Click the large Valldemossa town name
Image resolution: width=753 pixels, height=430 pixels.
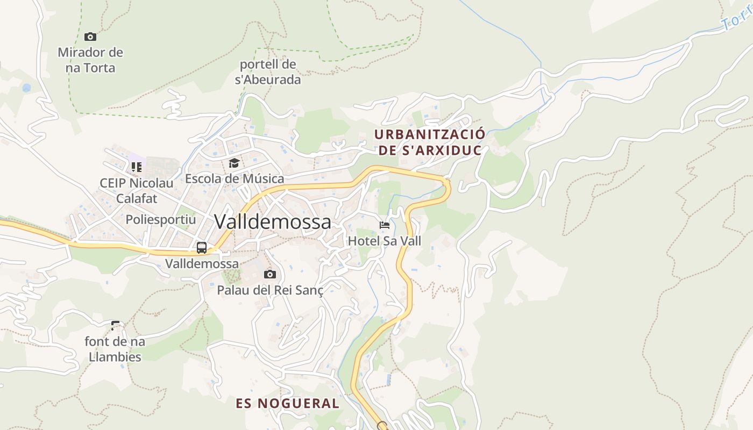[x=273, y=221]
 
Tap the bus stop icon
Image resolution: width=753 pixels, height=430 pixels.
[x=202, y=248]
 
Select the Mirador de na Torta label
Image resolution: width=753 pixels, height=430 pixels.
[x=90, y=60]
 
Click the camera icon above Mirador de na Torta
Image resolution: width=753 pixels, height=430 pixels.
[x=90, y=37]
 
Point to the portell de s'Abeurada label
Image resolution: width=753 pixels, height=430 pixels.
[x=268, y=72]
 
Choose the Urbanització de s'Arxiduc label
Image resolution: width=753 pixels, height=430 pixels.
[x=430, y=142]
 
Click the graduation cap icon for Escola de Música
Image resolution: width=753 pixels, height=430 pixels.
[x=234, y=163]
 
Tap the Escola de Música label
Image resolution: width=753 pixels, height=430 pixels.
[x=235, y=178]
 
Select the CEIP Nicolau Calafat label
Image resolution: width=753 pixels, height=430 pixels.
[x=137, y=191]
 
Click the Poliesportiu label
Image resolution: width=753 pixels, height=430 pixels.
[x=161, y=219]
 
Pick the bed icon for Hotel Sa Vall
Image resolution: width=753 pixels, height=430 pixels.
[x=385, y=225]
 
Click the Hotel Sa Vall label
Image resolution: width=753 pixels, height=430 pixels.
[x=385, y=241]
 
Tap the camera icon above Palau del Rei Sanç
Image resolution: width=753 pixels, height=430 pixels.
[x=270, y=275]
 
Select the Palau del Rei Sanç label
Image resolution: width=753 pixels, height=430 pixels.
[x=270, y=290]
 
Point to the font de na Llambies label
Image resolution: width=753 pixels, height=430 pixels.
[x=115, y=349]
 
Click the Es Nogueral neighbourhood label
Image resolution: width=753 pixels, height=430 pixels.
[x=288, y=403]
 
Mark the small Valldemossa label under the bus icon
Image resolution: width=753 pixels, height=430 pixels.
[x=202, y=263]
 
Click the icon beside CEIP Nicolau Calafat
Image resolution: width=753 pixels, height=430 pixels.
[x=137, y=167]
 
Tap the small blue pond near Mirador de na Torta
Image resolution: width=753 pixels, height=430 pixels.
[x=26, y=88]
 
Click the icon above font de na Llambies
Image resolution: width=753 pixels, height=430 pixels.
[x=115, y=325]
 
